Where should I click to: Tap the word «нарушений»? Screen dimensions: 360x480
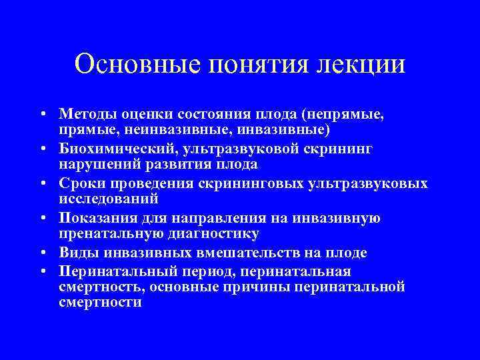tap(91, 163)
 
